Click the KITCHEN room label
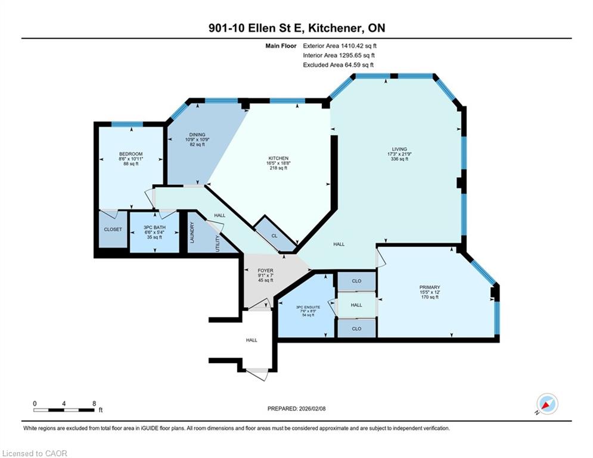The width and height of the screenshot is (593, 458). pyautogui.click(x=278, y=158)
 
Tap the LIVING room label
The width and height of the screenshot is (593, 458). pyautogui.click(x=399, y=149)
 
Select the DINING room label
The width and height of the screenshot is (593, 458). pyautogui.click(x=197, y=135)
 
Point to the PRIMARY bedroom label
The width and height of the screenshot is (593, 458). pyautogui.click(x=430, y=287)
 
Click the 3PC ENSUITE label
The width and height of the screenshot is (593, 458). pyautogui.click(x=308, y=307)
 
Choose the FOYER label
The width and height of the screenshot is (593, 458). pyautogui.click(x=265, y=271)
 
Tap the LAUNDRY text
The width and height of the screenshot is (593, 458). pyautogui.click(x=192, y=233)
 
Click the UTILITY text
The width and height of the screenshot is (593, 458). pyautogui.click(x=218, y=243)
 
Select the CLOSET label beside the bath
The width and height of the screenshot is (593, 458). pyautogui.click(x=113, y=230)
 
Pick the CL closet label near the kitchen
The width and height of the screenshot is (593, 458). pyautogui.click(x=275, y=236)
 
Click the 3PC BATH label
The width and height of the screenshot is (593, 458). pyautogui.click(x=155, y=227)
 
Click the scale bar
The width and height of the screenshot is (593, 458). pyautogui.click(x=64, y=410)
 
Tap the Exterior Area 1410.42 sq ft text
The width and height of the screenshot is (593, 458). pyautogui.click(x=340, y=46)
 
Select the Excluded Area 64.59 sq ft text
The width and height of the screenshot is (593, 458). pyautogui.click(x=338, y=65)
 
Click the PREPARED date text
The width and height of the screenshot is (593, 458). pyautogui.click(x=297, y=409)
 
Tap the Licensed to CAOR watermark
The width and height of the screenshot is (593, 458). pyautogui.click(x=35, y=453)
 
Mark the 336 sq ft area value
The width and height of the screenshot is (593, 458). pyautogui.click(x=399, y=159)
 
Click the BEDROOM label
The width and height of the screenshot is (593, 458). pyautogui.click(x=131, y=154)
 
